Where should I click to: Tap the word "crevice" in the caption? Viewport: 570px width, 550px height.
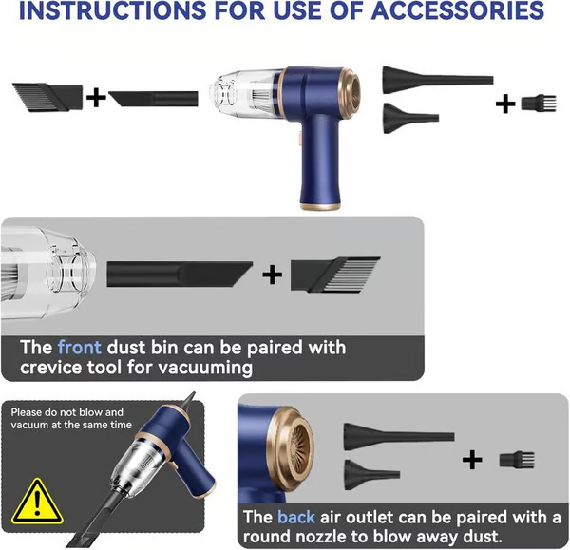52,367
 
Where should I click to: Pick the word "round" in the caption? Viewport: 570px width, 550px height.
270,537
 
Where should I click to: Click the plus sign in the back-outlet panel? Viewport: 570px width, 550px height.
472,460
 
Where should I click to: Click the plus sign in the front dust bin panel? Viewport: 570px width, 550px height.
273,275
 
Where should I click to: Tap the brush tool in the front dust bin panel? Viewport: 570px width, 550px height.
337,275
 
